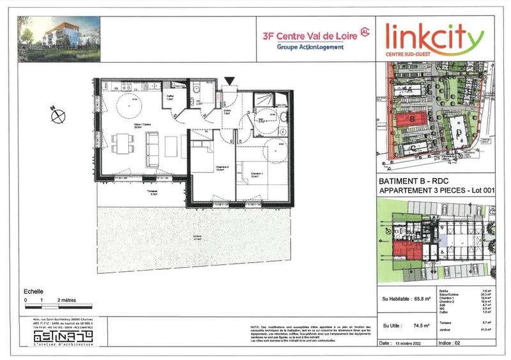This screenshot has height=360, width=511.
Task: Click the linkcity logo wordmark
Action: coord(434,40)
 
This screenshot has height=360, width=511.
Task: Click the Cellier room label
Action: coord(170,98)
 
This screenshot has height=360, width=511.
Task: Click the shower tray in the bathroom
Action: coord(263,100)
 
